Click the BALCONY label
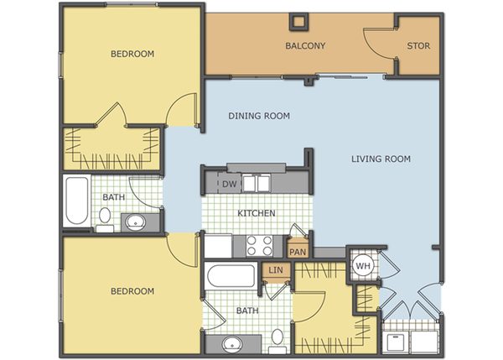[x=305, y=45]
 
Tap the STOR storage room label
[x=418, y=46]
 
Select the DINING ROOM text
[x=259, y=116]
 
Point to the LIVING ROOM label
[x=381, y=159]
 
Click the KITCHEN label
[x=256, y=213]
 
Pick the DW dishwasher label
[x=230, y=184]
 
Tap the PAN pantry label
[x=298, y=252]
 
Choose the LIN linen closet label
[x=275, y=270]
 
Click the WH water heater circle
[x=363, y=266]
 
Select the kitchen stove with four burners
[x=260, y=246]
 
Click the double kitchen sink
[x=257, y=184]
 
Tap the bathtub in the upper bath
[x=76, y=201]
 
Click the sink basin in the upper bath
[x=135, y=222]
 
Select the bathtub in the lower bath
[x=231, y=275]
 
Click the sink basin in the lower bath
[x=232, y=343]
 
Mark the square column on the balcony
[x=298, y=22]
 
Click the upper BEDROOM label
[x=132, y=54]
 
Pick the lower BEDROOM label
[x=132, y=291]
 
